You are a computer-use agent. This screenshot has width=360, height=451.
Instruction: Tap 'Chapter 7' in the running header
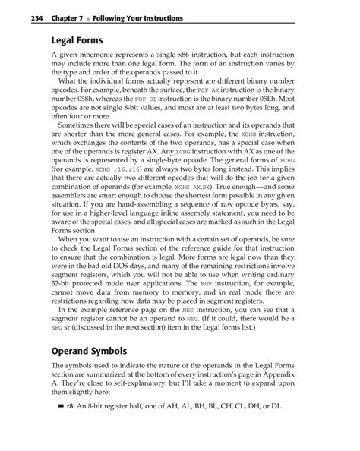click(x=58, y=17)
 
